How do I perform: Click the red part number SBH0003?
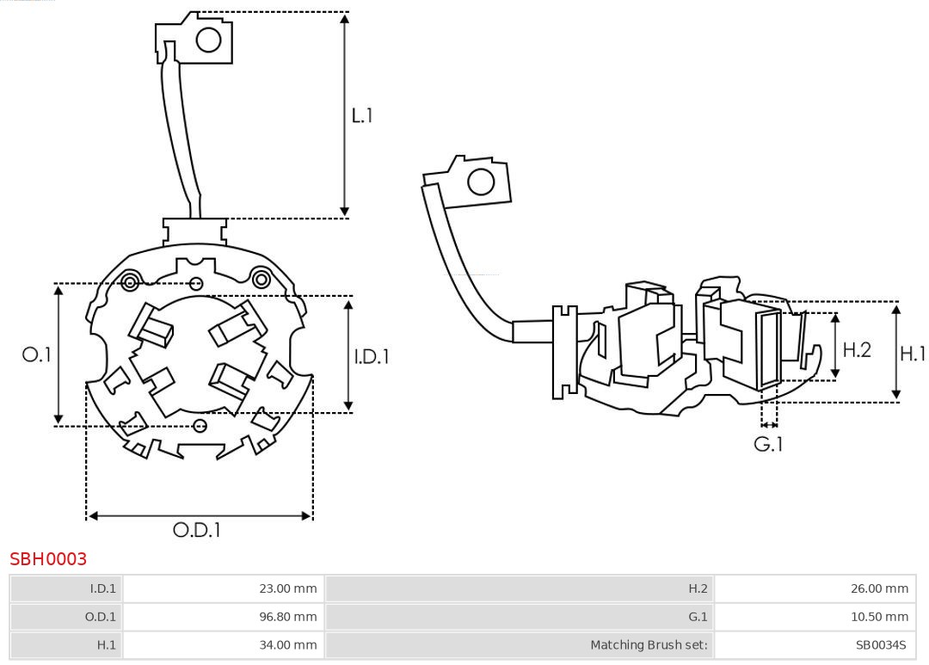coord(48,559)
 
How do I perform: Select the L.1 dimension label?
coord(362,114)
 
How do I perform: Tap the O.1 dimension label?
coord(36,354)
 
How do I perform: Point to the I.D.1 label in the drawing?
coord(372,355)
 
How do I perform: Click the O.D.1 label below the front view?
coord(197,530)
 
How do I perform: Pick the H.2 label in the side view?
coord(857,349)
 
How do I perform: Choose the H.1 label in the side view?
coord(912,353)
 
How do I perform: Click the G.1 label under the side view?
coord(768,445)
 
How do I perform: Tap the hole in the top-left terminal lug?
coord(209,40)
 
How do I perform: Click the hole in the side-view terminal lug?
coord(480,182)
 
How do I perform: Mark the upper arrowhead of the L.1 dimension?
coord(345,18)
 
